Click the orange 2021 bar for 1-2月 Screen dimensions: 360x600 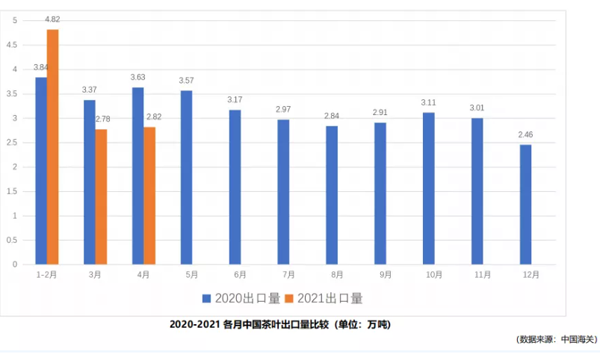(53, 147)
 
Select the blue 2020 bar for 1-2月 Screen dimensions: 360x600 (41, 171)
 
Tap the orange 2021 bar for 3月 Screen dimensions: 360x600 (101, 197)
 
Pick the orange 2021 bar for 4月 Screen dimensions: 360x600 (149, 196)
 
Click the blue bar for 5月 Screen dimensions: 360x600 (186, 178)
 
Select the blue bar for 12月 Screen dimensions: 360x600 (525, 205)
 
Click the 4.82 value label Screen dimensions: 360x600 (53, 19)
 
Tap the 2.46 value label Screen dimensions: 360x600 (525, 135)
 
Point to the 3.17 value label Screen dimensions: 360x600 (235, 99)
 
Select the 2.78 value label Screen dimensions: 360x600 (101, 119)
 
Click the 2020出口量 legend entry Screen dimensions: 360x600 (238, 297)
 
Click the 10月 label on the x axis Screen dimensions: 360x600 (428, 274)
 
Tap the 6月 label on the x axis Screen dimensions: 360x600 (235, 274)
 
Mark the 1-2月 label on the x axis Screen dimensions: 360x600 (45, 274)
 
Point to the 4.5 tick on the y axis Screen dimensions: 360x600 (14, 45)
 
